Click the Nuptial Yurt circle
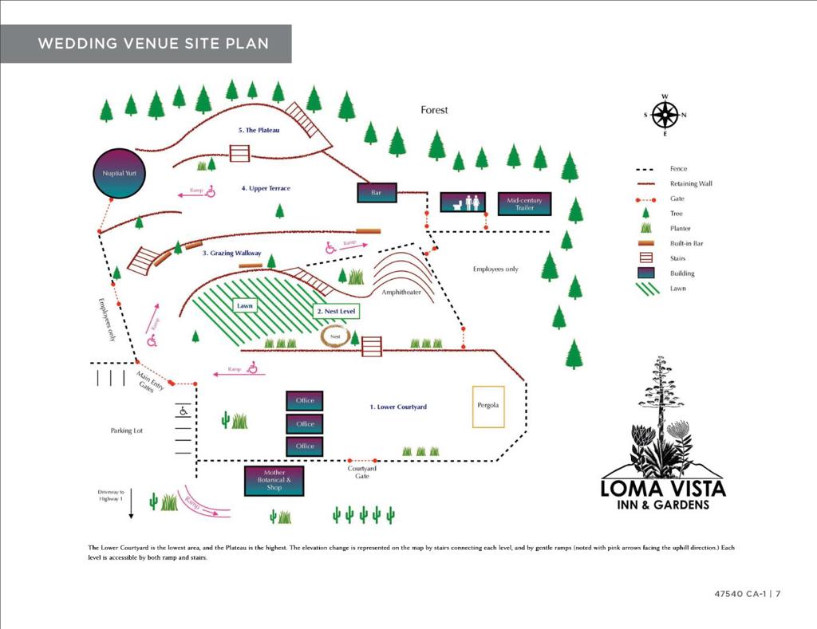(119, 173)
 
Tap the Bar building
(377, 193)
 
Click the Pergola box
(488, 406)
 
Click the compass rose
(665, 115)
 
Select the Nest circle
(335, 336)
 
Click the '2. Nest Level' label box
(337, 311)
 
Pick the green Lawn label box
(244, 305)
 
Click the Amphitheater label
(401, 293)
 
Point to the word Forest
(435, 110)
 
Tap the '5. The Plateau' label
(258, 130)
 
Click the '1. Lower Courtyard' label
(398, 407)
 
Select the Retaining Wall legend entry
(691, 183)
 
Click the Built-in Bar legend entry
(686, 243)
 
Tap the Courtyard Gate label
(362, 472)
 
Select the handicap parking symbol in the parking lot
(184, 411)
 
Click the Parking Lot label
(127, 430)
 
